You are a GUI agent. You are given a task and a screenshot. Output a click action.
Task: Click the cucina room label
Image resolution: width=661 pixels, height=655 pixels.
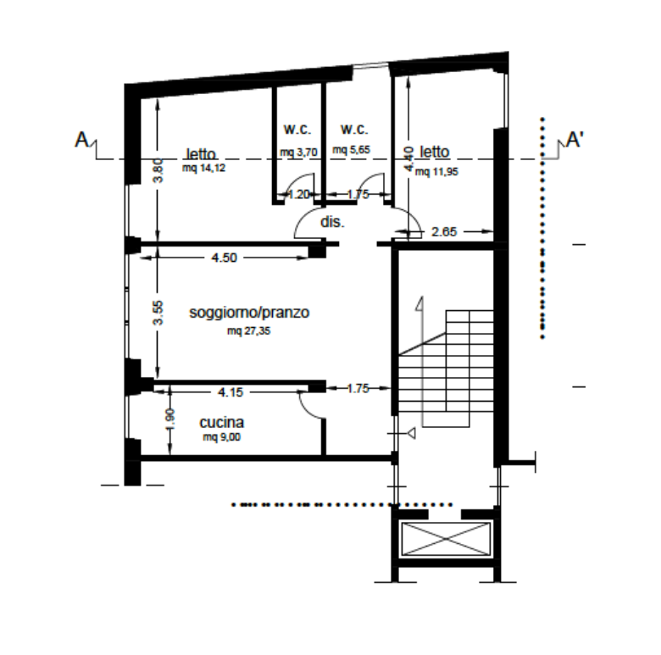point(221,422)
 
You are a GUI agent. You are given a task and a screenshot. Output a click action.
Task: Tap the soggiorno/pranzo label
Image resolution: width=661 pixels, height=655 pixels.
point(249,313)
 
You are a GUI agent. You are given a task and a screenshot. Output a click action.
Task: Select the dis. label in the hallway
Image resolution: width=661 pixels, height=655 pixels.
point(332,222)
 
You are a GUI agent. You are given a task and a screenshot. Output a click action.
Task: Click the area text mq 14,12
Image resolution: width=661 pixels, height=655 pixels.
point(203,168)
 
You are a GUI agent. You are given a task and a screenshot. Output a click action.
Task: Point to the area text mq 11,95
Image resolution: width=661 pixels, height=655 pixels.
point(436,171)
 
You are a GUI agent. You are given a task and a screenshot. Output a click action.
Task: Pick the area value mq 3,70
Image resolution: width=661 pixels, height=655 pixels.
point(298,152)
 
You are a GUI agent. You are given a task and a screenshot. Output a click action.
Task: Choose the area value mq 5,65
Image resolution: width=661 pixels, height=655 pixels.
point(351,150)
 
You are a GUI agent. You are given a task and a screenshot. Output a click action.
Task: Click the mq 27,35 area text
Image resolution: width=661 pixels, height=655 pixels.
point(248,330)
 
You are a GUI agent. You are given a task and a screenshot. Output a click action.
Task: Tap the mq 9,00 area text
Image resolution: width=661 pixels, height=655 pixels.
point(221,437)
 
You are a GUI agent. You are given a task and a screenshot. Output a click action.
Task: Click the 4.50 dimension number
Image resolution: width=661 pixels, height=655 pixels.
point(224,258)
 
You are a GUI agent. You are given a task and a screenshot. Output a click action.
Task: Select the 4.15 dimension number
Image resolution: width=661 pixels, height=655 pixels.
point(231,392)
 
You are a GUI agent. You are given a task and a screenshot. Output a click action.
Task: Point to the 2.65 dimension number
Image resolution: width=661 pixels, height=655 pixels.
point(444,231)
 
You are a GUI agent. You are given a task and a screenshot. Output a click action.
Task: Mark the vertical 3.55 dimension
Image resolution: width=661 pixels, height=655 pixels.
point(158,313)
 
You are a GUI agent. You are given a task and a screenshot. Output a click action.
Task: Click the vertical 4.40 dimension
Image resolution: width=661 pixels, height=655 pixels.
point(408,159)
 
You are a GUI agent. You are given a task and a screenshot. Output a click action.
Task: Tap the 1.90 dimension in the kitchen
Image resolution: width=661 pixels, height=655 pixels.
point(170,419)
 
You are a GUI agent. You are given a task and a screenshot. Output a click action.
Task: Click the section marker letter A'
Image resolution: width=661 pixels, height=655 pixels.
point(575,140)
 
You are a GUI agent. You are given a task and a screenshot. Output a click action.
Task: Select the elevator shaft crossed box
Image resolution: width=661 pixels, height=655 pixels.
point(446,539)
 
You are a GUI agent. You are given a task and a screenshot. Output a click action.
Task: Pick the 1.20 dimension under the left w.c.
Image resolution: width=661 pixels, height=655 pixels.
point(298,194)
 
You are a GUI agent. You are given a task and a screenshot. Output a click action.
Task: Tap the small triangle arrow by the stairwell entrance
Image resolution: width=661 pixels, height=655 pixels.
point(412,433)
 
